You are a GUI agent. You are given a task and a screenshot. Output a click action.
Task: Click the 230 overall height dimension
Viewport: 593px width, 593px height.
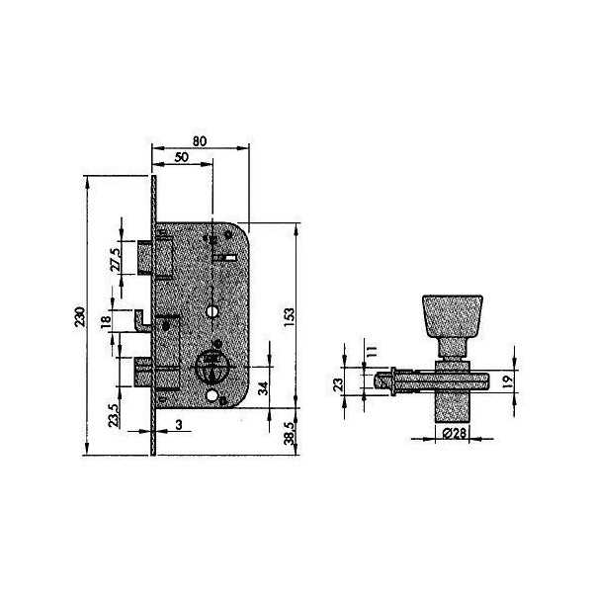[x=80, y=317]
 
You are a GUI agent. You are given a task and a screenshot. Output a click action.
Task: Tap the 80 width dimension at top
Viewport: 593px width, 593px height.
[x=200, y=141]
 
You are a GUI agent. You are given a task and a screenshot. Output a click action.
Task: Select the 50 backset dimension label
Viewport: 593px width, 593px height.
[x=182, y=157]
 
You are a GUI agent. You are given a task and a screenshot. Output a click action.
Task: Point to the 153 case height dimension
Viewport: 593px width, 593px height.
[x=289, y=317]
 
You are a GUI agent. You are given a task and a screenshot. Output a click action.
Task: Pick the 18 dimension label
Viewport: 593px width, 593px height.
[x=107, y=321]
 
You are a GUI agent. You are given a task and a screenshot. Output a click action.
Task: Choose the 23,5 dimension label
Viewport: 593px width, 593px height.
[x=114, y=415]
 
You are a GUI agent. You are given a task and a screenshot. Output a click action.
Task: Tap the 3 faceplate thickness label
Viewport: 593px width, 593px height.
[x=179, y=425]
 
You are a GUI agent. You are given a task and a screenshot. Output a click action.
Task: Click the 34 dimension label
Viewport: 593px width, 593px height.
[x=263, y=388]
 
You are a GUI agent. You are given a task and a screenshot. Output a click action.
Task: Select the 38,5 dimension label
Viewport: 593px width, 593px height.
[x=289, y=434]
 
